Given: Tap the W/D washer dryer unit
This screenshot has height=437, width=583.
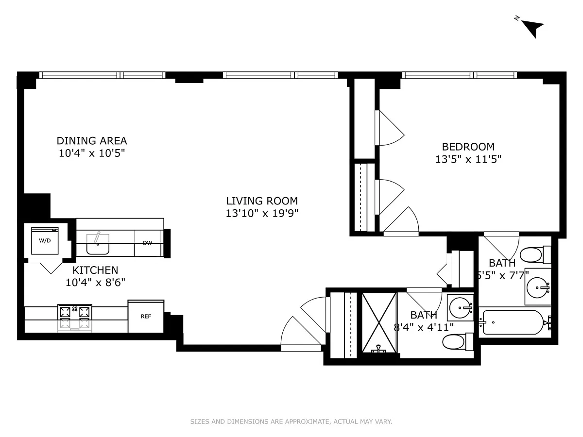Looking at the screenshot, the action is tap(45, 241).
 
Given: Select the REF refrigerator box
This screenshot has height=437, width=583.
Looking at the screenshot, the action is tap(146, 316).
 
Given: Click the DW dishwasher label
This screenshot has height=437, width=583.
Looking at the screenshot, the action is tap(147, 243).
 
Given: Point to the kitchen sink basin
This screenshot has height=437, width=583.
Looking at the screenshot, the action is tap(98, 244).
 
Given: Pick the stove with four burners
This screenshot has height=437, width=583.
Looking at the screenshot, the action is tap(75, 318).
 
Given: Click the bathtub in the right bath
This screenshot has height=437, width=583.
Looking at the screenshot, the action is tap(513, 322).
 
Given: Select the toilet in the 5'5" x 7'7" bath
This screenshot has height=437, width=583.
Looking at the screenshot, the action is tap(535, 255).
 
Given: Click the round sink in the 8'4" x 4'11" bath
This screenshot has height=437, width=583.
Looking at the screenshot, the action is tap(460, 308).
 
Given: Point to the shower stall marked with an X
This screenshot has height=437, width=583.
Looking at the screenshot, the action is tap(379, 322).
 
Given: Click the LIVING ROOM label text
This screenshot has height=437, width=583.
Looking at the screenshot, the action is tap(262, 201).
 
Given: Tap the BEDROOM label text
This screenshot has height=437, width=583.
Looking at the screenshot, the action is tap(468, 147).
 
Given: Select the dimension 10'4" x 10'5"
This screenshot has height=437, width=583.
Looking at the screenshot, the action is tap(92, 153).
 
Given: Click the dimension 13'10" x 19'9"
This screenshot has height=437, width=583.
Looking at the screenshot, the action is tap(262, 213).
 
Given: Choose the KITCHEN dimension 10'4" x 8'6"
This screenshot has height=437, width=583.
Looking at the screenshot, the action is tap(95, 282).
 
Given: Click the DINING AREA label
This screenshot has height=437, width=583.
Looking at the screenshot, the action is tap(92, 141).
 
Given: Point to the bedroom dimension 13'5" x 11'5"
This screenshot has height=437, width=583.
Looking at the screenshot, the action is tap(468, 159).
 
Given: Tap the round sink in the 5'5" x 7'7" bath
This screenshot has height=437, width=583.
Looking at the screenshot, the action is tap(538, 287).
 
